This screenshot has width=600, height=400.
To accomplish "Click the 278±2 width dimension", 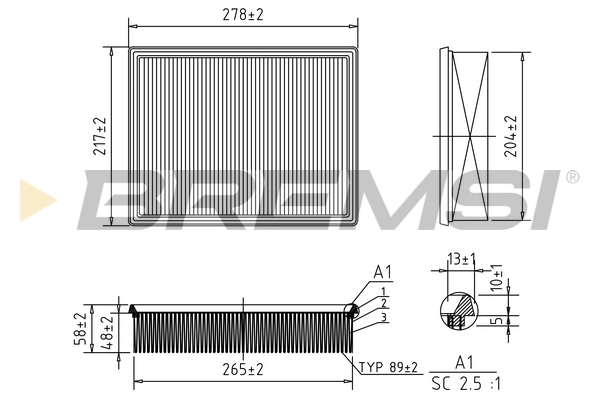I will pos(246,14).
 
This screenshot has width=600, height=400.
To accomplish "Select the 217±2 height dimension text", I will pos(100,137).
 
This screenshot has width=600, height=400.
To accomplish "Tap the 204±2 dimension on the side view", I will pos(512,135).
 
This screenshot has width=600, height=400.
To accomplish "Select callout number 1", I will pos(383,290).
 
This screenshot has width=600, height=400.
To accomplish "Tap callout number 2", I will pos(383,303).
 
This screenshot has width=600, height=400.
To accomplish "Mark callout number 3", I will pos(383,317).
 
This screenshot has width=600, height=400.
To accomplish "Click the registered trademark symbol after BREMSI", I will pos(572,177).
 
